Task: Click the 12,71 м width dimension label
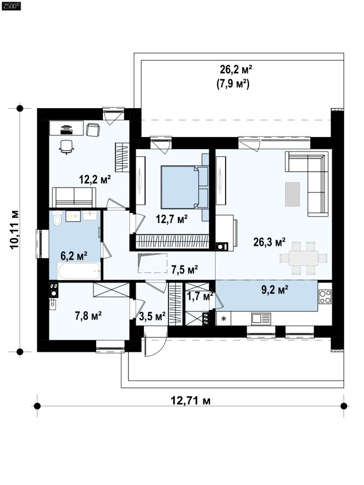191,401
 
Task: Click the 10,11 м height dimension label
14,230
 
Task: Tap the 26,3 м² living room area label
269,242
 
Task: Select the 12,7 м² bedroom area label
171,219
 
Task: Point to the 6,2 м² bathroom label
74,256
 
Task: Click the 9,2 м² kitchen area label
275,290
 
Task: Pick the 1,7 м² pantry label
200,296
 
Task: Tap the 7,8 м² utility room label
88,316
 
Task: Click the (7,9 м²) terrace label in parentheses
233,84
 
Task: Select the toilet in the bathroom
56,218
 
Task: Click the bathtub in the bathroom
79,271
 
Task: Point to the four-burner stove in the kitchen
325,297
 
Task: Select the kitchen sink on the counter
261,319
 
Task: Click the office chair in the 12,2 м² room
67,146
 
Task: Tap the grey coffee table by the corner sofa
292,194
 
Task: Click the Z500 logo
11,6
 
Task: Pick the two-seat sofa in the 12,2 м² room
74,197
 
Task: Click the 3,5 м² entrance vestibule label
152,316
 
